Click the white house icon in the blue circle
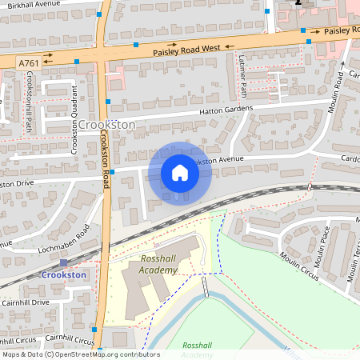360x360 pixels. (180, 172)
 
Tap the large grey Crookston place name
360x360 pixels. (107, 126)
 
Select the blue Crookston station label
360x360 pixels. (63, 275)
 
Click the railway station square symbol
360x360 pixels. (63, 262)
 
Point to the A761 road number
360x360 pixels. (28, 61)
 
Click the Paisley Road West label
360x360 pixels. (186, 49)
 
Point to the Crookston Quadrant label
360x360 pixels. (74, 118)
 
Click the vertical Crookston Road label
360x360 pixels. (104, 160)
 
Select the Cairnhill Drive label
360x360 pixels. (25, 302)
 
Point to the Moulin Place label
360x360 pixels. (321, 247)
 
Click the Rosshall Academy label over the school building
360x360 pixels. (158, 265)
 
